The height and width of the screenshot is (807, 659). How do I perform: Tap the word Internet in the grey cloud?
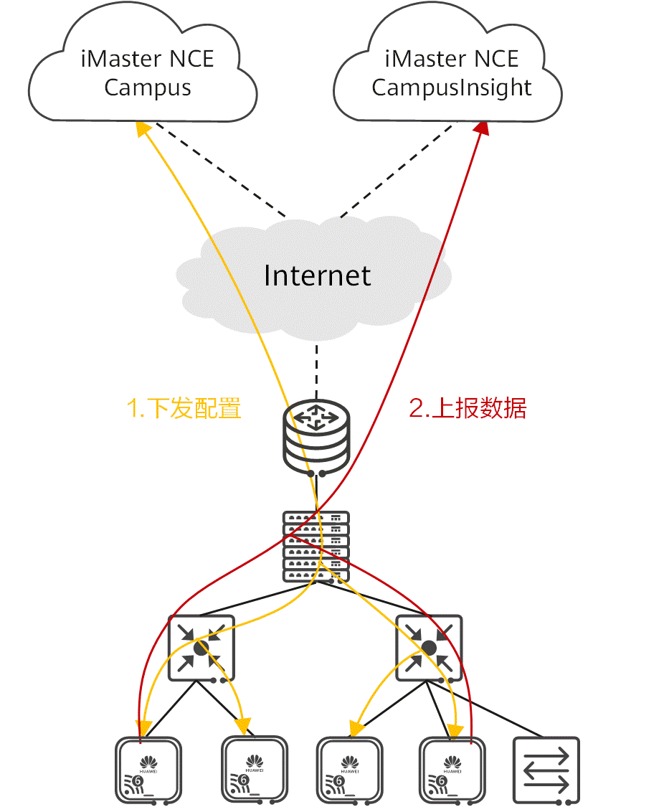click(317, 275)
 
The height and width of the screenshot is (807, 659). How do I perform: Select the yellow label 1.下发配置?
click(184, 408)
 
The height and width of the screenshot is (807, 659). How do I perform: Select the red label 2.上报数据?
click(468, 408)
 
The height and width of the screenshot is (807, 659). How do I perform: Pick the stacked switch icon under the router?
click(317, 546)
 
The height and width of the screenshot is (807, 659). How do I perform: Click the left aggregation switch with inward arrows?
click(201, 648)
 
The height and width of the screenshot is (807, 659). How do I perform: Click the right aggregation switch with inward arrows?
click(429, 648)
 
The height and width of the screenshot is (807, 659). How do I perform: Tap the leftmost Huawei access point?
click(148, 770)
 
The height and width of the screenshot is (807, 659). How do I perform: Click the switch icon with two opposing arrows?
click(546, 770)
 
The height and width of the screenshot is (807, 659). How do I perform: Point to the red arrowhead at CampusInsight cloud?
click(483, 128)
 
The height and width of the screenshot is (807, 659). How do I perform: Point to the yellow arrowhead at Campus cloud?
click(144, 128)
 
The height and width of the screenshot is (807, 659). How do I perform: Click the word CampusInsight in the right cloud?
click(452, 88)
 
